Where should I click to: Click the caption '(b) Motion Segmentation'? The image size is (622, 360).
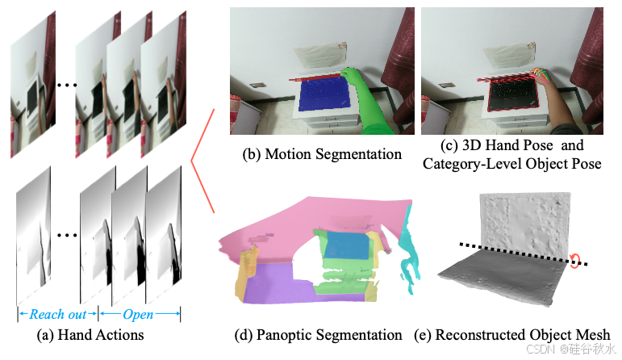tap(311, 154)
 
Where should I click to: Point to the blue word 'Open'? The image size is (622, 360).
tap(139, 313)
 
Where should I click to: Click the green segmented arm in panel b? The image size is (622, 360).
tap(373, 113)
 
